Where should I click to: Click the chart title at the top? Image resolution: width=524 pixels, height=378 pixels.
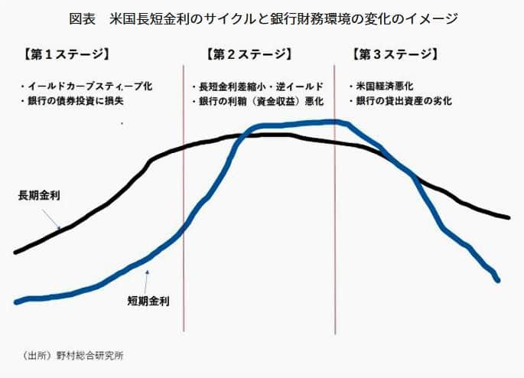click(262, 17)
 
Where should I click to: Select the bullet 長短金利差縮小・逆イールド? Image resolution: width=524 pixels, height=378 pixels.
click(256, 86)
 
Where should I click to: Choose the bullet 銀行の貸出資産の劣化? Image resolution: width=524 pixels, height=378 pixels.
click(399, 100)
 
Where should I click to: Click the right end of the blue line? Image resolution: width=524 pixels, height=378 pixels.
click(498, 281)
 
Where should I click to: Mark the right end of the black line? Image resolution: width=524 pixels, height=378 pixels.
click(508, 217)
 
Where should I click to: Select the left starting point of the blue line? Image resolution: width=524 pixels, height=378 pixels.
click(15, 302)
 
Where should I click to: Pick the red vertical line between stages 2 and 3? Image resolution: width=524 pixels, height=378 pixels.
click(335, 230)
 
